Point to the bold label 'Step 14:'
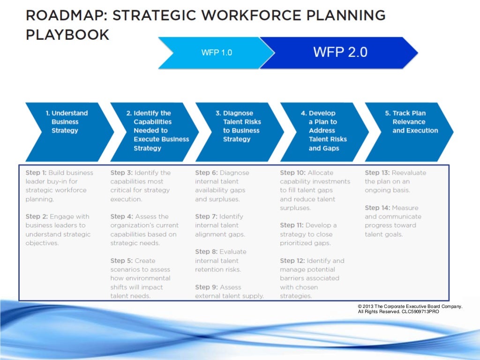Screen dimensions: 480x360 click(377, 208)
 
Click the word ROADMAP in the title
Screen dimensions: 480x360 click(64, 15)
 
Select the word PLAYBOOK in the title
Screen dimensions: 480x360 click(67, 35)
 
